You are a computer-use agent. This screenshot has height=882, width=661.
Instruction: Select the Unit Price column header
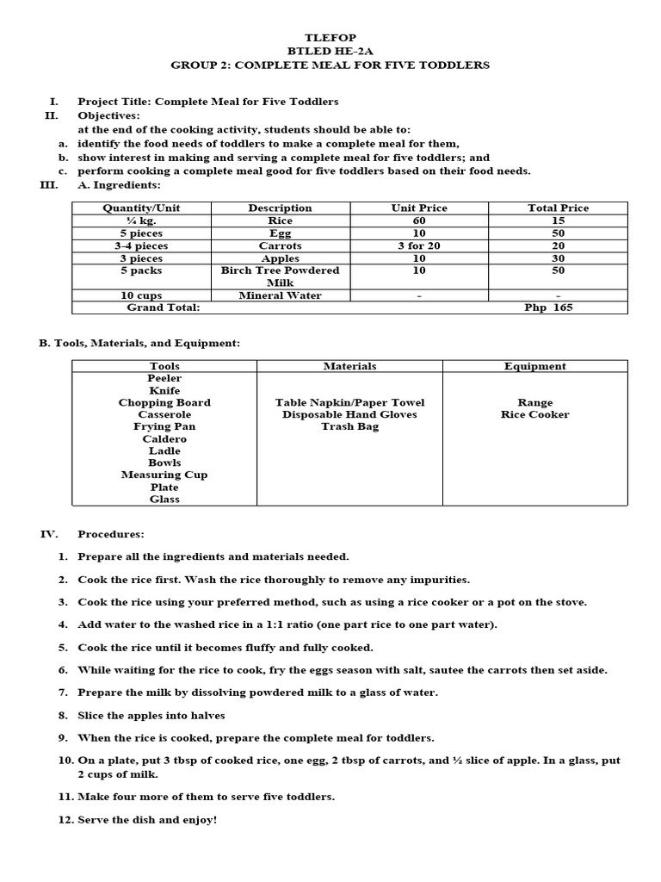coord(419,208)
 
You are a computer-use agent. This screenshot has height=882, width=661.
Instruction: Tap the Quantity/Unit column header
coord(142,208)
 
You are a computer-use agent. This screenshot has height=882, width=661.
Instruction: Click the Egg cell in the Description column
coord(280,233)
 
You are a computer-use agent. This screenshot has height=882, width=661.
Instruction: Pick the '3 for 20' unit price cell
coord(419,245)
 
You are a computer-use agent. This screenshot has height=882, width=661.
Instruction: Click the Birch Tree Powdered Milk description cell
coord(280,276)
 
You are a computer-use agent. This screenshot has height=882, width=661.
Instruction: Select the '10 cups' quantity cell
coord(142,295)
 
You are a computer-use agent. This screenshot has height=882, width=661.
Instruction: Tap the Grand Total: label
coord(164,307)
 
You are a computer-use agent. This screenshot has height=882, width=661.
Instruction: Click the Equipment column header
coord(534,366)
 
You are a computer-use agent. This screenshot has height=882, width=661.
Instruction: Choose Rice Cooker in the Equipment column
coord(534,414)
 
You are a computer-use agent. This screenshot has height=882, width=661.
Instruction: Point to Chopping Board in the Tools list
coord(164,402)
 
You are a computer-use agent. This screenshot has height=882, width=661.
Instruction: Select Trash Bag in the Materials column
coord(349,426)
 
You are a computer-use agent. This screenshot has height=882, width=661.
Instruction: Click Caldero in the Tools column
coord(164,438)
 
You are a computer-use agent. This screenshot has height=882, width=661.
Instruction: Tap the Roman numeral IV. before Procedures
coord(49,534)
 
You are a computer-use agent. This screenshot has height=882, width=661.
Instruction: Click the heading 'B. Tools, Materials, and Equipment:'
coord(139,343)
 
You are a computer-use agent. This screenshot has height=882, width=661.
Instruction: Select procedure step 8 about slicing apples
coord(151,715)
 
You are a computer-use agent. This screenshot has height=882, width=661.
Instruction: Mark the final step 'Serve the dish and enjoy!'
coord(147,820)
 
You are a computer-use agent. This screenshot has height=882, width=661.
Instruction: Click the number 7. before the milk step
coord(63,693)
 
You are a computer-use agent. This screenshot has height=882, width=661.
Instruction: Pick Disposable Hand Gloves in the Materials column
coord(349,414)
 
